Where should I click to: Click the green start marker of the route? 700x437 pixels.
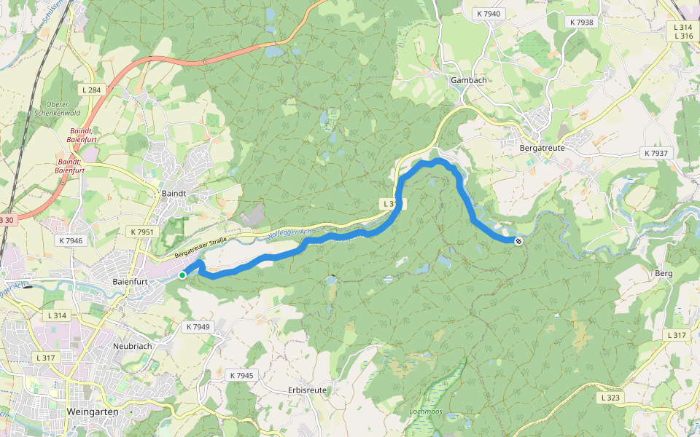[182, 275]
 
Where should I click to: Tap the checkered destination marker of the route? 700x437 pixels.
[518, 241]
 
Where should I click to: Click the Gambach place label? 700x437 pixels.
[468, 80]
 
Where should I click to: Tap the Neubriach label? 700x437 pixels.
[132, 346]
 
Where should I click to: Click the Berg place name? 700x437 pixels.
[664, 273]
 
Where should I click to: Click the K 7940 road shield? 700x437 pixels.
[488, 14]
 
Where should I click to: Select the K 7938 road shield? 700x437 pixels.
[580, 22]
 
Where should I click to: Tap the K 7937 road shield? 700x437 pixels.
[656, 153]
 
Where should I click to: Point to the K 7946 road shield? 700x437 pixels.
[71, 240]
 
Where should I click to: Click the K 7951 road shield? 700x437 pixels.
[142, 232]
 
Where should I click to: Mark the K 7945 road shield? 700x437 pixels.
[241, 375]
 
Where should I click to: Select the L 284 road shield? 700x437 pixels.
[92, 90]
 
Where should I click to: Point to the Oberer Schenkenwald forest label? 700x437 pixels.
[57, 109]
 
